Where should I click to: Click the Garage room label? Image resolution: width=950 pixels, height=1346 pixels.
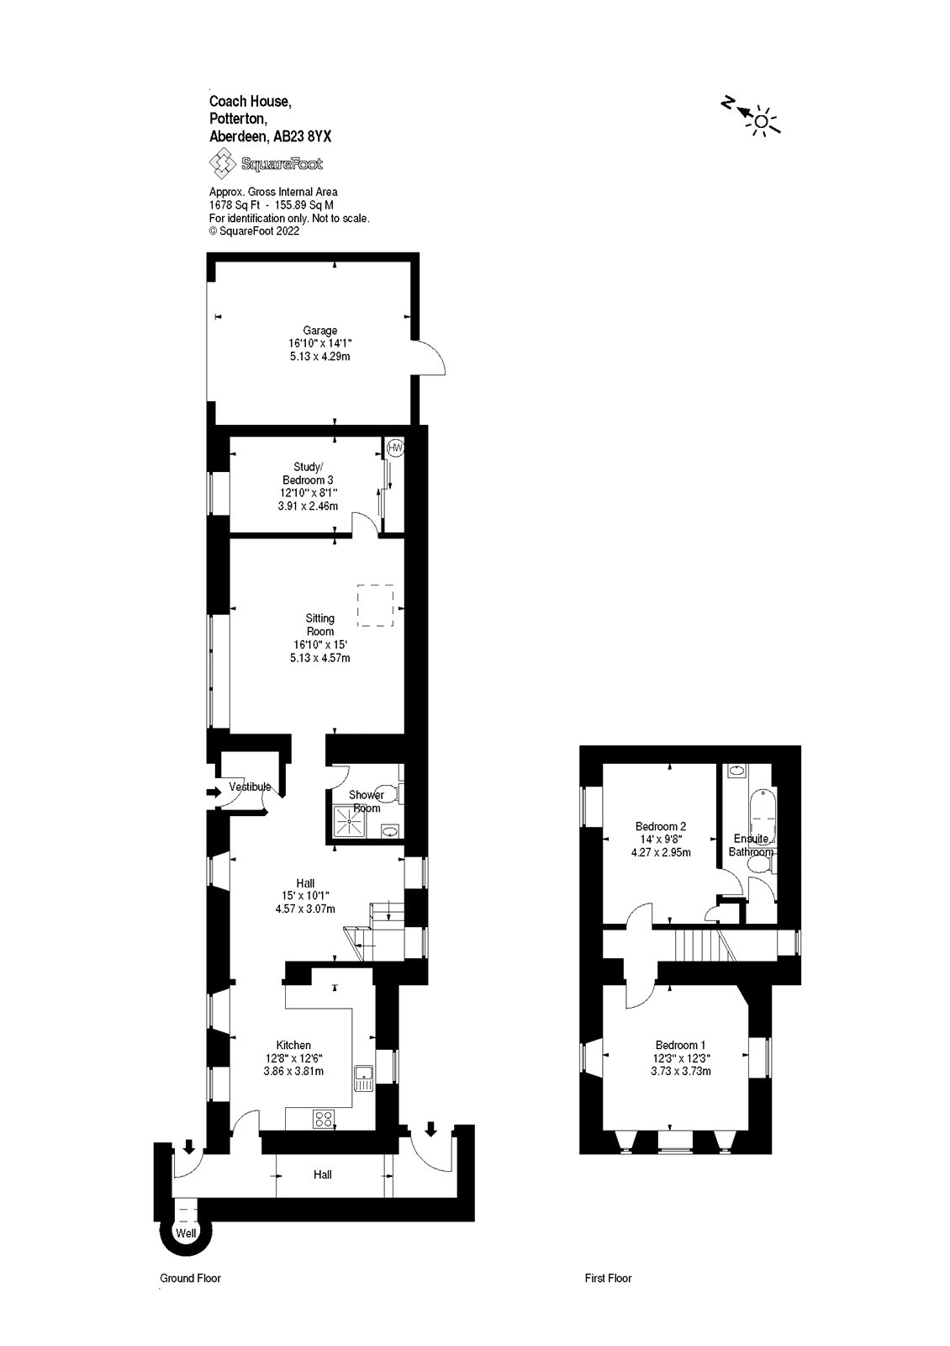click(x=320, y=331)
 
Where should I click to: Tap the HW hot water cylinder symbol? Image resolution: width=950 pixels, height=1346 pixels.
click(x=395, y=448)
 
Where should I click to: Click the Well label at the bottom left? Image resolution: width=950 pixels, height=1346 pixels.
click(x=185, y=1232)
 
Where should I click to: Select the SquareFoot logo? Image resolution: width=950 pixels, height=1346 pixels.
click(x=267, y=164)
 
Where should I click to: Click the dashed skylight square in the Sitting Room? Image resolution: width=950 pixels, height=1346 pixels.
click(x=376, y=606)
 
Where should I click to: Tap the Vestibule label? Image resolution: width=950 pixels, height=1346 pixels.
click(x=250, y=787)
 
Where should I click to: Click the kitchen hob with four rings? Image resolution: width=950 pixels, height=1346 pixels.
click(x=324, y=1119)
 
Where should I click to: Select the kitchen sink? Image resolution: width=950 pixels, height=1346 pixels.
click(x=363, y=1078)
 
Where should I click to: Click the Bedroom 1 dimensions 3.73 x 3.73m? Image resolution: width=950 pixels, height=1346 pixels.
click(x=680, y=1072)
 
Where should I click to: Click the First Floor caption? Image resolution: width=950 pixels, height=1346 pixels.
click(x=608, y=1301)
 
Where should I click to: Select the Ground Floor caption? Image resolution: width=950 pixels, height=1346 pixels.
click(x=190, y=1301)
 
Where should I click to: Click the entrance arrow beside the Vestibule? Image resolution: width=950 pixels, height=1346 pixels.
click(x=212, y=791)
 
